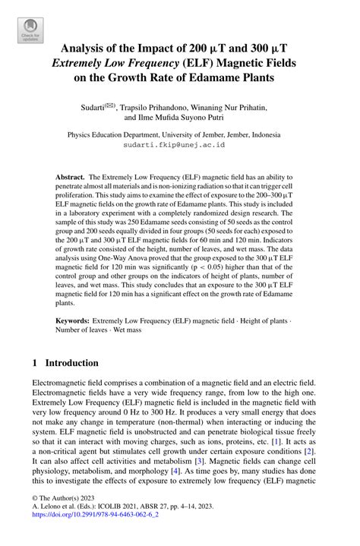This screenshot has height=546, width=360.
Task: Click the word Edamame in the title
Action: click(x=204, y=77)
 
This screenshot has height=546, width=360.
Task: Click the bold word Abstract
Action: click(x=70, y=176)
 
